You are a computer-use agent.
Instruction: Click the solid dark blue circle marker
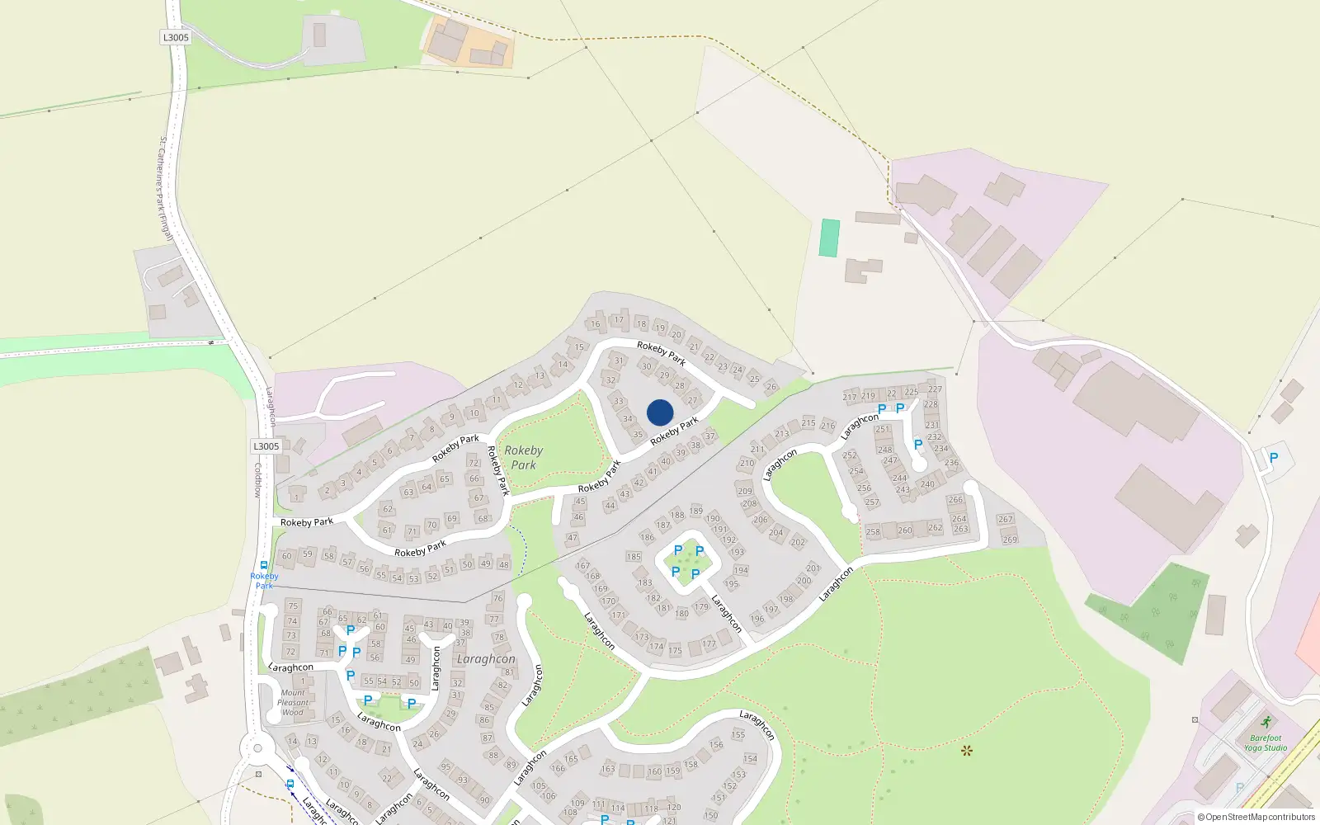(660, 412)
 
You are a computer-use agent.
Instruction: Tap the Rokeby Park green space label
(523, 458)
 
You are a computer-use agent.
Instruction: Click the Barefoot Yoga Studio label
(1266, 743)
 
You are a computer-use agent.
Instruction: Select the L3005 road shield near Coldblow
(266, 446)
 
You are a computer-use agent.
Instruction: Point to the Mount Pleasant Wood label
(293, 703)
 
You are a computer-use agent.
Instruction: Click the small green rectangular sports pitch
(829, 238)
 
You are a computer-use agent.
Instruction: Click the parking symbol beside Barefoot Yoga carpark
(1274, 458)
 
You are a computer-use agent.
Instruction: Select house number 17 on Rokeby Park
(619, 320)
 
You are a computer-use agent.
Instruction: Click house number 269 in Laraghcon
(1010, 540)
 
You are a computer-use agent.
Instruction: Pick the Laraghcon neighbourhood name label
(486, 659)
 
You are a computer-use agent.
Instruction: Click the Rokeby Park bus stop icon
(264, 566)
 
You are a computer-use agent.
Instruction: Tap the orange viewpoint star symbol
(967, 751)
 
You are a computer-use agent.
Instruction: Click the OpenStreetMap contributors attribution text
(1256, 818)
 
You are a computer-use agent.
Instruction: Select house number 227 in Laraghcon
(935, 389)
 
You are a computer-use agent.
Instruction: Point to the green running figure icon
(1266, 723)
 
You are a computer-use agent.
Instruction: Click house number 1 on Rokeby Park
(297, 497)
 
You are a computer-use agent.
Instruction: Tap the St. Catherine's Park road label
(166, 188)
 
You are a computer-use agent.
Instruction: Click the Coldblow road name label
(257, 479)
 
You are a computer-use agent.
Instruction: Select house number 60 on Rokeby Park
(287, 556)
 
